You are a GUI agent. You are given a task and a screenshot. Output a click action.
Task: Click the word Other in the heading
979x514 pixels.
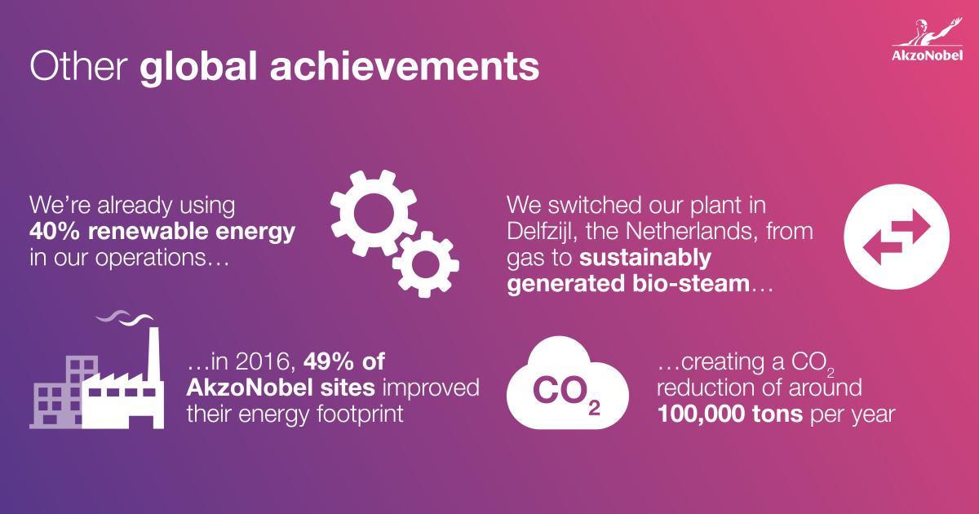(78, 66)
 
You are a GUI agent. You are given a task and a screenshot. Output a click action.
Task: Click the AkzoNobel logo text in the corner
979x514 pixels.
(927, 55)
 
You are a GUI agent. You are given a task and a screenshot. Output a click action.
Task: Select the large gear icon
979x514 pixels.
(374, 213)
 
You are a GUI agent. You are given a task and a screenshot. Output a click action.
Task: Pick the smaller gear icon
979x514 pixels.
(425, 264)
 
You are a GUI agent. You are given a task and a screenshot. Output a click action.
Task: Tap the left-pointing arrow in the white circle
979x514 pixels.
(883, 248)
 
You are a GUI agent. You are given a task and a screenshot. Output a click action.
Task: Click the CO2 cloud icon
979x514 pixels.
(568, 383)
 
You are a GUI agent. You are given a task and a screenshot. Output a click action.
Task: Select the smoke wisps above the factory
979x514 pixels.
(125, 317)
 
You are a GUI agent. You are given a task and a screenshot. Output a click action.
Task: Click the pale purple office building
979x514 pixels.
(64, 392)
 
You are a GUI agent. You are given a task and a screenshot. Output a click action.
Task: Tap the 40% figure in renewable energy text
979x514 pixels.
(55, 231)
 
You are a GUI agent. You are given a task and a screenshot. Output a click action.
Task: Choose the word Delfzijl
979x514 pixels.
(539, 232)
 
